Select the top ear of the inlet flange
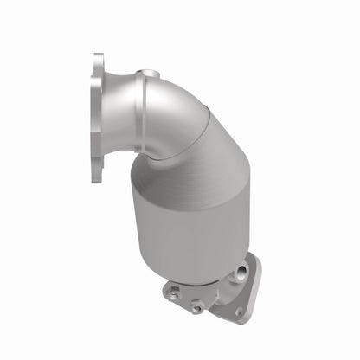[99, 63]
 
